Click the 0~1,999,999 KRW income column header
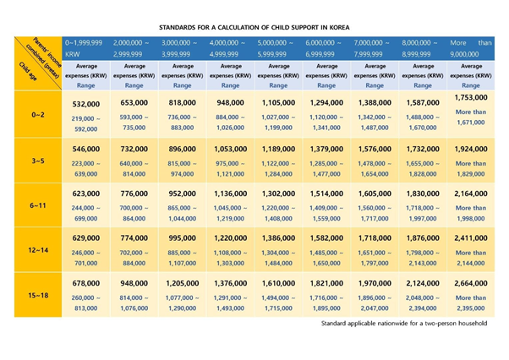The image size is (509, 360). click(x=88, y=46)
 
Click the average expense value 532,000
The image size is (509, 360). click(x=88, y=102)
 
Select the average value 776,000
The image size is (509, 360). click(x=135, y=194)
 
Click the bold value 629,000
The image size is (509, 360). click(x=88, y=240)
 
